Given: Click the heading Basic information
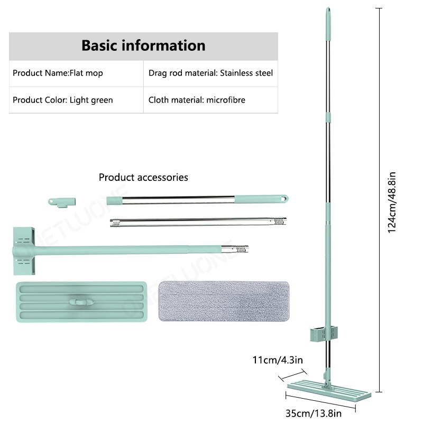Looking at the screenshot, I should [143, 45].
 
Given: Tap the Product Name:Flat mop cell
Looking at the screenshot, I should [58, 73].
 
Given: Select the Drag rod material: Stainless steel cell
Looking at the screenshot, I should [210, 73].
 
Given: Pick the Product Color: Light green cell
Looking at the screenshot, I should [62, 100].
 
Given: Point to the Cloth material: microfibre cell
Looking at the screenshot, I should [197, 100].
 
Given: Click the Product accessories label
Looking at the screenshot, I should [143, 177].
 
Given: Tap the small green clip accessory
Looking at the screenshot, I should [61, 201].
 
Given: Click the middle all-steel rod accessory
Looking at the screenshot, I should [198, 222].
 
